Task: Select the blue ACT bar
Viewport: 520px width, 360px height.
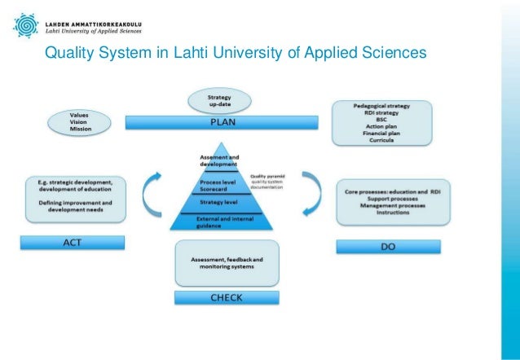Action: click(x=73, y=242)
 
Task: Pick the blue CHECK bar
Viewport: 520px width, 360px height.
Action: click(x=226, y=297)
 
